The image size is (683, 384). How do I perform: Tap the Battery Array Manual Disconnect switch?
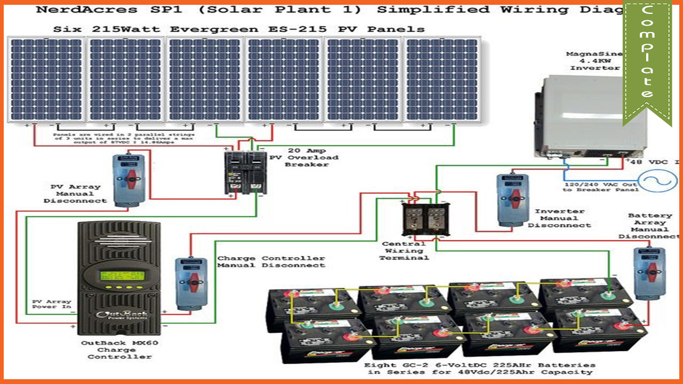(649, 271)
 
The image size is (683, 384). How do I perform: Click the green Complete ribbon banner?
(647, 59)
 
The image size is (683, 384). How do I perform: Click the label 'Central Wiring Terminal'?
(404, 251)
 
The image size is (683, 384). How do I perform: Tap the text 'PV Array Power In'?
(51, 304)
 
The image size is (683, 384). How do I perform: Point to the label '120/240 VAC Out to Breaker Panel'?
(600, 187)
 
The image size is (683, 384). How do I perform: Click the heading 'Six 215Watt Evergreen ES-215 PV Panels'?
(239, 29)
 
